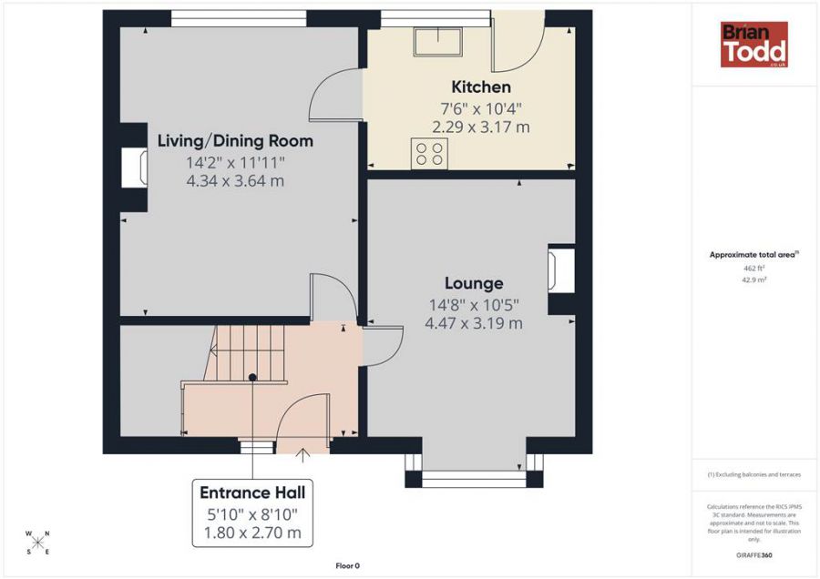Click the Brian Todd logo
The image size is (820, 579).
(753, 45)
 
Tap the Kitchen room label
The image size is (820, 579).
(481, 87)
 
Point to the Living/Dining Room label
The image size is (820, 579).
(235, 141)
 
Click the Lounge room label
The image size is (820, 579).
(474, 283)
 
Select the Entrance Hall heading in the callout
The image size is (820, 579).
(252, 493)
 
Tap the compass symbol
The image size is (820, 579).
(37, 543)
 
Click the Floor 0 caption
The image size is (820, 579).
(347, 565)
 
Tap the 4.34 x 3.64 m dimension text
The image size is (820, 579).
(235, 180)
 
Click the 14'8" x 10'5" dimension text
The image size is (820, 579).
(474, 304)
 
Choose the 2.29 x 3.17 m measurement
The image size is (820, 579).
(481, 127)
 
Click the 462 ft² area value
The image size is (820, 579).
(753, 269)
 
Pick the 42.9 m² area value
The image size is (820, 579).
(753, 280)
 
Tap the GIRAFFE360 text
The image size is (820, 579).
(753, 554)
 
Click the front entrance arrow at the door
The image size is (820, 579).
(303, 452)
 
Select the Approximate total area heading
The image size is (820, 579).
(753, 255)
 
